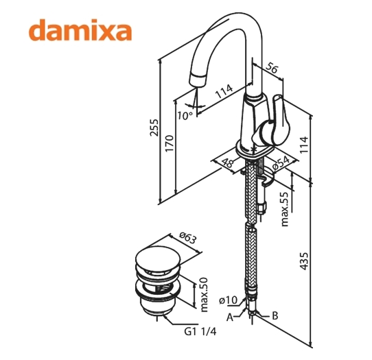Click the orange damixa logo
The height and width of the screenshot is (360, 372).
(x=80, y=30)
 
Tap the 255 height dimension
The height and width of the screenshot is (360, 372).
(x=154, y=128)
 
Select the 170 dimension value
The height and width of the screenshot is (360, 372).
(x=170, y=143)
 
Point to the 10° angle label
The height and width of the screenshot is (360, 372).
(x=185, y=115)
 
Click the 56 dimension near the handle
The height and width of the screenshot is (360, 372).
(x=271, y=69)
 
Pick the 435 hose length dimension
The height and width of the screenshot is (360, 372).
(x=304, y=261)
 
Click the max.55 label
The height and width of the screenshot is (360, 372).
(x=284, y=209)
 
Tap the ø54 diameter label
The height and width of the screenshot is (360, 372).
(x=281, y=163)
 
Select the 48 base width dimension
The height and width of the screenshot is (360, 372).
(x=227, y=163)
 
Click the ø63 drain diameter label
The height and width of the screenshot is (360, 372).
(x=188, y=238)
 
